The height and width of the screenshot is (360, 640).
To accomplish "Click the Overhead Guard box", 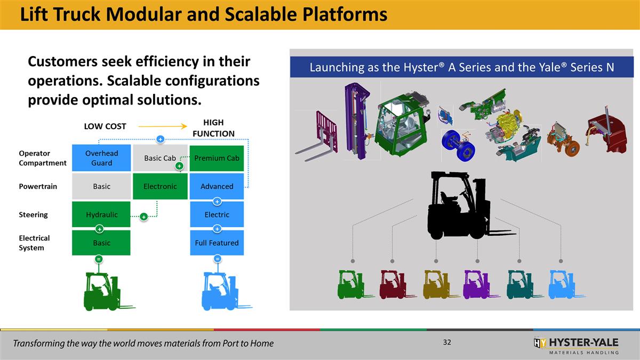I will [101, 158].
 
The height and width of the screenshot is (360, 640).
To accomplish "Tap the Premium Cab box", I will [217, 158].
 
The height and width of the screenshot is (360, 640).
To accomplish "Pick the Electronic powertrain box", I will [159, 186].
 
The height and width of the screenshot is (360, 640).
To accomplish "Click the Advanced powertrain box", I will [217, 186].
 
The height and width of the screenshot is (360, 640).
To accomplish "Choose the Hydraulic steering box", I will [101, 214].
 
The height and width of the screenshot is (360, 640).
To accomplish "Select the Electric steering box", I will [217, 214].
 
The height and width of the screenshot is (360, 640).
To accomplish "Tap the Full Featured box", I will [217, 243].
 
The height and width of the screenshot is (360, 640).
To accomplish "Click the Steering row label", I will [33, 214].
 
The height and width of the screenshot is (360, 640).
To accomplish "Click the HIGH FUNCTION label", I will [213, 128].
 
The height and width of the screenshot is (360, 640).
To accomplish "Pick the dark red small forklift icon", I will [393, 284].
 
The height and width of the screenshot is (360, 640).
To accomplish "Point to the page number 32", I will [447, 342].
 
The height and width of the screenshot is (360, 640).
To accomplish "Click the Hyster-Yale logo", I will [576, 345].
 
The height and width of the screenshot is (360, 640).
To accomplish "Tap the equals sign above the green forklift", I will [99, 259].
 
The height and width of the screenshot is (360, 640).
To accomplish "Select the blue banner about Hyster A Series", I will [462, 68].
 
